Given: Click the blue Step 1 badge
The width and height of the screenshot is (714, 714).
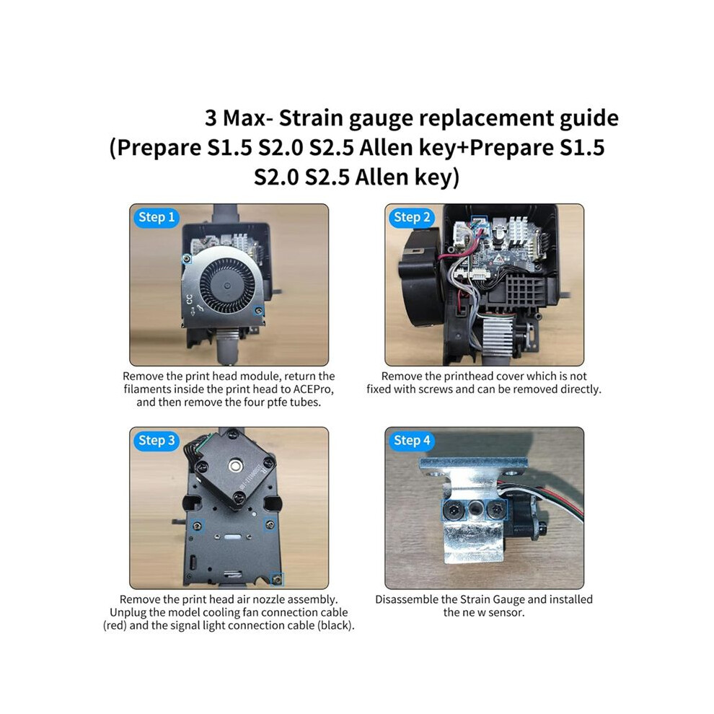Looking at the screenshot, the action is (157, 218).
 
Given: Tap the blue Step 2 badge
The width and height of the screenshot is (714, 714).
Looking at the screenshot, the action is (412, 218).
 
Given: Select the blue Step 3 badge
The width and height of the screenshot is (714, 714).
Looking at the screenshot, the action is (157, 441).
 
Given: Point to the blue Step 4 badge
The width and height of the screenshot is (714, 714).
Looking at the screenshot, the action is (412, 441).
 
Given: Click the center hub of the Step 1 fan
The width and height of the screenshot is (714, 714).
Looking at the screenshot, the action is (226, 286).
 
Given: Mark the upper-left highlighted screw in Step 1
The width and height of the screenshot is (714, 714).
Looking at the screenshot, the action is (186, 259).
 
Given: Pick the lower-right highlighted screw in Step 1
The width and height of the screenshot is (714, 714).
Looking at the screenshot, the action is (258, 311).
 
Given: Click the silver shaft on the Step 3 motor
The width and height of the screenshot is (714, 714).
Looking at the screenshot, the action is (235, 465).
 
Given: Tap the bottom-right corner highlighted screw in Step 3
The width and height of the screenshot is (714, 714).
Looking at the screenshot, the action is (276, 579).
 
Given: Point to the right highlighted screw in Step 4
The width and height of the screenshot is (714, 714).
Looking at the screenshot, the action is (495, 509).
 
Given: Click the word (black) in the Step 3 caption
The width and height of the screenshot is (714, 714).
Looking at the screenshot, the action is (335, 626).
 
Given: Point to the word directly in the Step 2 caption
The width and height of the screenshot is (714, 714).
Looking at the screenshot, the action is (579, 389).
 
